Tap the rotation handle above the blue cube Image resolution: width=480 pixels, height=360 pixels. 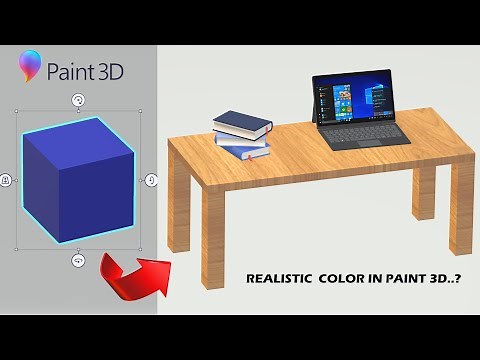click(x=79, y=100)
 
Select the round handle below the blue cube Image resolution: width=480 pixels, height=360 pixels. click(x=78, y=260)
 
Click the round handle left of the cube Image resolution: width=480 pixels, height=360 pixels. click(x=7, y=180)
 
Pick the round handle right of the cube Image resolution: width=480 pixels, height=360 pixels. click(x=151, y=180)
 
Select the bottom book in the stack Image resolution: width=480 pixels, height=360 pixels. click(x=246, y=152)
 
